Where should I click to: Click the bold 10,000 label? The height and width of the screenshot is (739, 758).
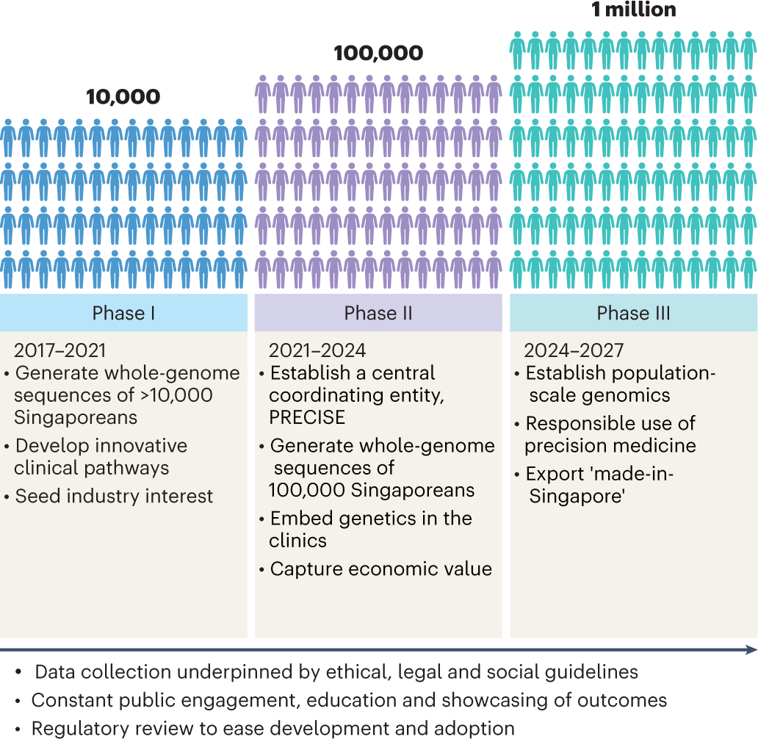(x=123, y=97)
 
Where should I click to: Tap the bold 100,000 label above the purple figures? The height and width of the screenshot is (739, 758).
(x=378, y=53)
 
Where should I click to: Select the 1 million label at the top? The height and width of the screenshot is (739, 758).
(x=633, y=10)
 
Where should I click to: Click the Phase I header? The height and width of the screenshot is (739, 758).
(x=123, y=313)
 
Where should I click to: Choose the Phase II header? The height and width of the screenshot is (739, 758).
(x=378, y=313)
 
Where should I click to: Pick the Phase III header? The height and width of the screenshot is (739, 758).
(x=633, y=313)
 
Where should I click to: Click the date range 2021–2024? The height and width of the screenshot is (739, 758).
(x=317, y=350)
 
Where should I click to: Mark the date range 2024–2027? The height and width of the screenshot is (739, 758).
(x=572, y=350)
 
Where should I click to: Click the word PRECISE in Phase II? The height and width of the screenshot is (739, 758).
(x=307, y=417)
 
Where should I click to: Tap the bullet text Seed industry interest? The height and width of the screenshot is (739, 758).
(x=114, y=496)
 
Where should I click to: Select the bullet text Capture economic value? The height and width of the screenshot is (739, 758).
(x=380, y=569)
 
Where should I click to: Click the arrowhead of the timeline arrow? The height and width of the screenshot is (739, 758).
(x=751, y=649)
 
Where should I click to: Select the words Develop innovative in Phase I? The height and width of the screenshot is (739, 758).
(x=101, y=446)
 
